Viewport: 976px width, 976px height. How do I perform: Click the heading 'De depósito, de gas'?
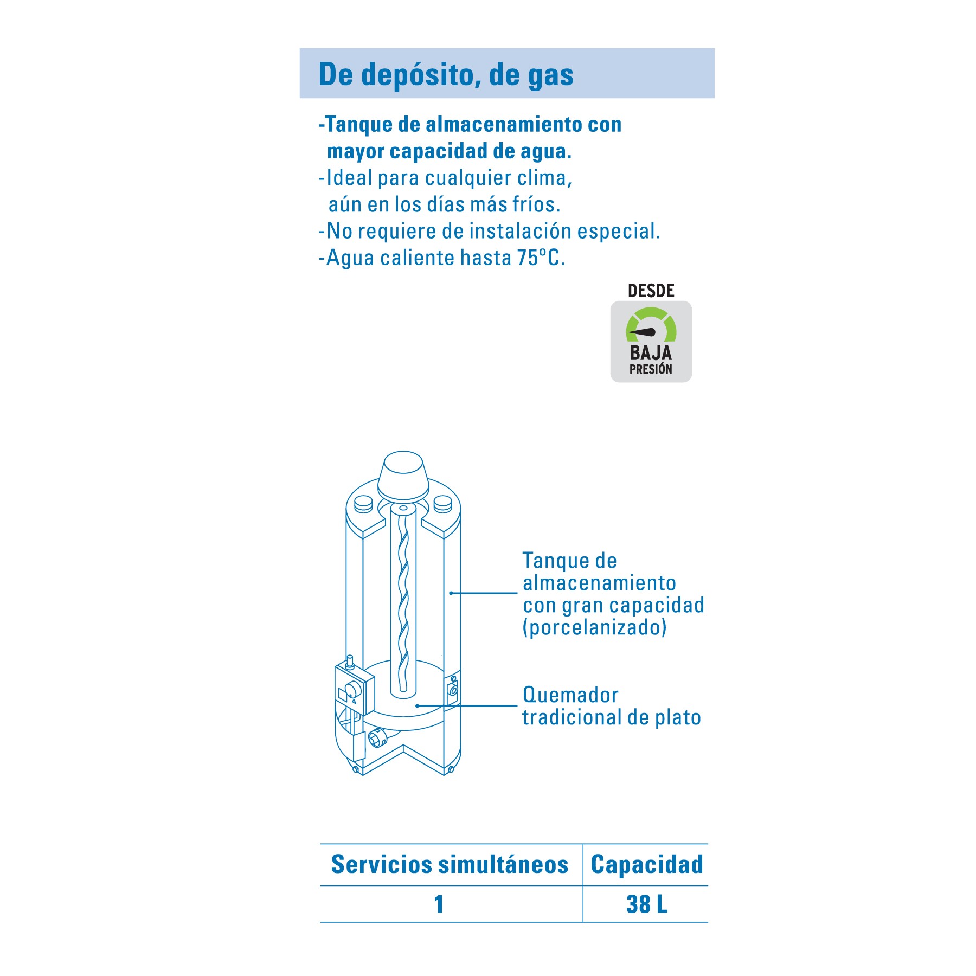point(446,74)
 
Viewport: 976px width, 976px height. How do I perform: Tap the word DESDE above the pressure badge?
point(651,291)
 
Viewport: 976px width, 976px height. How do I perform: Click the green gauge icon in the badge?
point(651,324)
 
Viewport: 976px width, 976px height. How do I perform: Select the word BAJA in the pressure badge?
point(651,353)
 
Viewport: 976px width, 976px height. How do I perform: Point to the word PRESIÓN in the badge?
point(651,369)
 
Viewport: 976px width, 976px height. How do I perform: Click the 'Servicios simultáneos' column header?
point(450,864)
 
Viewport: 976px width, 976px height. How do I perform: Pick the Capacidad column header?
point(646,864)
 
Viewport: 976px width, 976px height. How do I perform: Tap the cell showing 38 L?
point(646,904)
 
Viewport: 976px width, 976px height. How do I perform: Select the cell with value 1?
point(439,904)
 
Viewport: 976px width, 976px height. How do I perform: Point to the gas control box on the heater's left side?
point(354,691)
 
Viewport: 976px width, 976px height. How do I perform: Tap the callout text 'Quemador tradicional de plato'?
point(612,706)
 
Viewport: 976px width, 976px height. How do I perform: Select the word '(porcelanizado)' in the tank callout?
point(594,627)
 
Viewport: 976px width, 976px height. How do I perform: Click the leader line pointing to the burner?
point(466,705)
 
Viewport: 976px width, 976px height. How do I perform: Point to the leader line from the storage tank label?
point(484,593)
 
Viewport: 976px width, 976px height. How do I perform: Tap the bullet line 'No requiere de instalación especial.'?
point(490,231)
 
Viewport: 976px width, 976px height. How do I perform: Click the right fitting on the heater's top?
point(442,505)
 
